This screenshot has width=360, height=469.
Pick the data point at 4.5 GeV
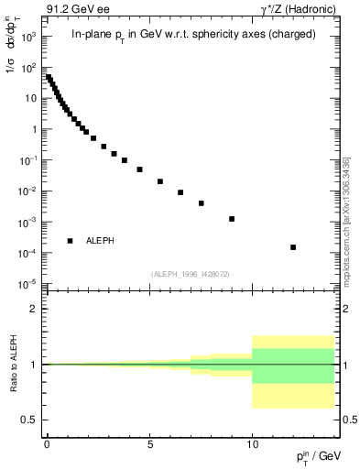[139, 169]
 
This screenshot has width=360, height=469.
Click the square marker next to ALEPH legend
[71, 241]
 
